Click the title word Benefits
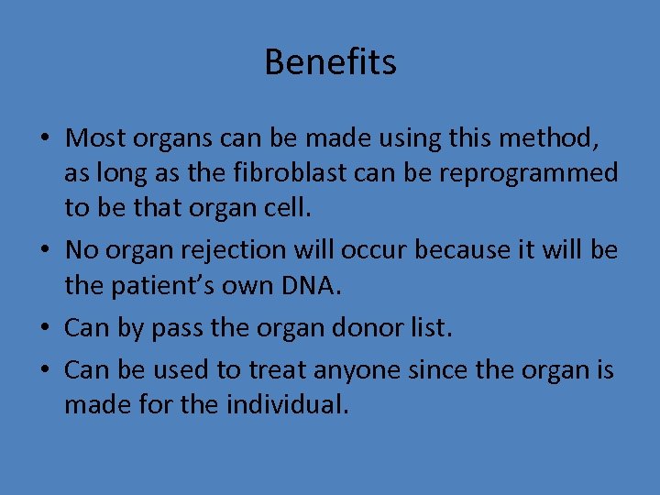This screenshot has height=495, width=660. tap(330, 62)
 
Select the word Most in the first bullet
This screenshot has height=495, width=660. tap(96, 138)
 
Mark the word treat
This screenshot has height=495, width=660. tap(277, 370)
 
